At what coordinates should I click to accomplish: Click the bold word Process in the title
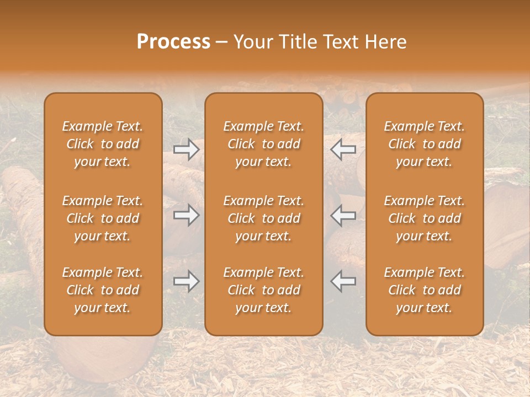point(173,42)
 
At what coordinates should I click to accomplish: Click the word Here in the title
point(386,42)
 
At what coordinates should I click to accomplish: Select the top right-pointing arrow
point(187,149)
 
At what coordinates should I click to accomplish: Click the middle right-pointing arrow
point(187,215)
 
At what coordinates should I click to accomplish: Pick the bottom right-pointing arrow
point(187,281)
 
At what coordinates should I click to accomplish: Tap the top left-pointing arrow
point(343,149)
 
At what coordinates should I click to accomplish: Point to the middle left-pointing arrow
point(343,215)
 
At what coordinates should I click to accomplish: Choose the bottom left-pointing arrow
point(343,281)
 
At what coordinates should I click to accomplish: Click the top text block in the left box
point(103,144)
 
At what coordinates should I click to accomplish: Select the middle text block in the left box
point(103,218)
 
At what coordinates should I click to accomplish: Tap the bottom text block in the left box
point(103,290)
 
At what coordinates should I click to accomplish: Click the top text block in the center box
point(263,144)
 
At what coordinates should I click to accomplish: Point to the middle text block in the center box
point(263,218)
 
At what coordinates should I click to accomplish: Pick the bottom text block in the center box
point(263,290)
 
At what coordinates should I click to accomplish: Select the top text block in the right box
point(424,144)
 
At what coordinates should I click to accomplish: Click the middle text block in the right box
point(424,218)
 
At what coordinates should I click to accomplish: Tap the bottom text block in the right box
point(424,290)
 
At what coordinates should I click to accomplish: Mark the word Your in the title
point(252,42)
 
